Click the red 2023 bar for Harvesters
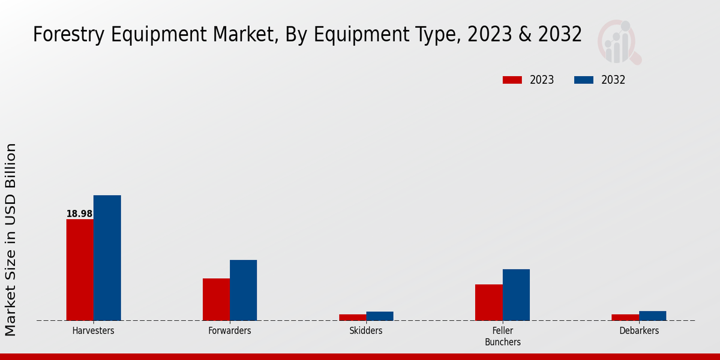pyautogui.click(x=80, y=269)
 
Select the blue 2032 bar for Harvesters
pyautogui.click(x=107, y=257)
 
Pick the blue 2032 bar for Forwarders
pyautogui.click(x=243, y=290)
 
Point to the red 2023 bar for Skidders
pyautogui.click(x=352, y=317)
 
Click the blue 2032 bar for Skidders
pyautogui.click(x=380, y=316)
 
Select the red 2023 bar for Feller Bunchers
pyautogui.click(x=488, y=302)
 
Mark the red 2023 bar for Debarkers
pyautogui.click(x=625, y=317)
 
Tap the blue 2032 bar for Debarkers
pyautogui.click(x=652, y=315)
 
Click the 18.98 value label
pyautogui.click(x=79, y=214)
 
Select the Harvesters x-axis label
pyautogui.click(x=93, y=331)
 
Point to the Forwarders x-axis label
pyautogui.click(x=230, y=331)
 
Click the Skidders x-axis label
pyautogui.click(x=366, y=331)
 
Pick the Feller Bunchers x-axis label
pyautogui.click(x=503, y=336)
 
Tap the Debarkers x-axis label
pyautogui.click(x=639, y=331)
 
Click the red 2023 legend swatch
pyautogui.click(x=512, y=80)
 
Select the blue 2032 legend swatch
pyautogui.click(x=584, y=80)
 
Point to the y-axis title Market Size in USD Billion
pyautogui.click(x=11, y=239)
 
